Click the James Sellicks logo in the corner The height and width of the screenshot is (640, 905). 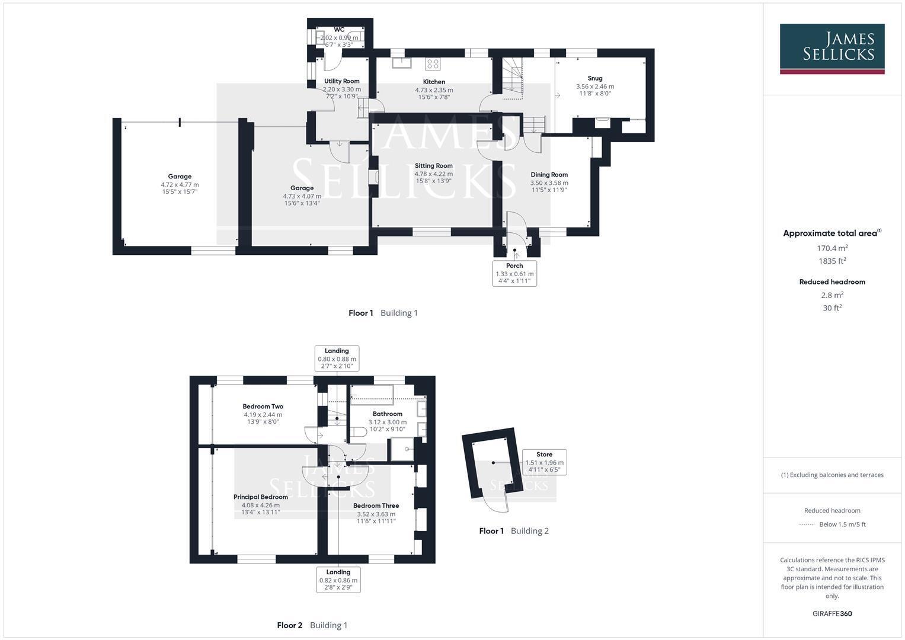(832, 49)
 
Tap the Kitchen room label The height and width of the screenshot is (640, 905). (434, 82)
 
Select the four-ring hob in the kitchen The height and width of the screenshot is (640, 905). (433, 64)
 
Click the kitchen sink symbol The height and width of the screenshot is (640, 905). (402, 63)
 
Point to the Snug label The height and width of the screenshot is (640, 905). (594, 78)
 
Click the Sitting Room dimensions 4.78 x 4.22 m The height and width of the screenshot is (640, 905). (433, 174)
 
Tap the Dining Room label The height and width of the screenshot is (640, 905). (549, 175)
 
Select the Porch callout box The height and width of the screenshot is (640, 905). (514, 274)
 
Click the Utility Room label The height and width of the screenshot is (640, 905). (341, 81)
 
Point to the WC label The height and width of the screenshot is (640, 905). (339, 30)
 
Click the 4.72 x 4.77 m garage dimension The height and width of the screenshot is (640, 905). (180, 185)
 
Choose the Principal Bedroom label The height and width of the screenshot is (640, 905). (261, 497)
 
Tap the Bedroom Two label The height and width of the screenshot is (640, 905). (263, 407)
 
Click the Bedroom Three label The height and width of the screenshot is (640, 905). (376, 506)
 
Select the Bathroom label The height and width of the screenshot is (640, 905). (387, 414)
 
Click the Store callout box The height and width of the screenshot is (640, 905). (544, 462)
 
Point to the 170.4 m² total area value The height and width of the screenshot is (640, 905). (832, 248)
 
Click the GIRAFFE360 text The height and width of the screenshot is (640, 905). (832, 614)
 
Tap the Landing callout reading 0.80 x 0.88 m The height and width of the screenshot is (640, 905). (337, 359)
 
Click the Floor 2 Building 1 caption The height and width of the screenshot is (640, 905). (312, 625)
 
